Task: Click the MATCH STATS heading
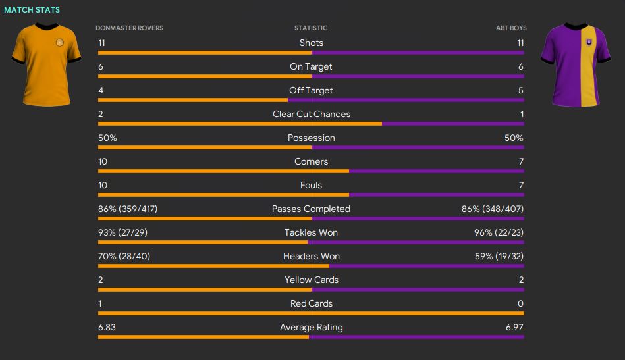point(32,10)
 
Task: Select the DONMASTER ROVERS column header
point(129,28)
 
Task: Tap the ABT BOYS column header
point(511,28)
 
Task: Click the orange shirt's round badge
point(60,43)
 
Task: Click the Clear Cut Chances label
point(312,114)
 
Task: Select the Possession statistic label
point(312,138)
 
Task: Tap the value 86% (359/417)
point(128,209)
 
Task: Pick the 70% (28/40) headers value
point(124,256)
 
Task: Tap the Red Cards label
point(312,303)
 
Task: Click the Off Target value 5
point(520,90)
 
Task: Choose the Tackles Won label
point(312,232)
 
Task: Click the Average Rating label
point(312,327)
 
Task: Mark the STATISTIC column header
point(311,28)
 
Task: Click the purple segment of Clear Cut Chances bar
point(453,124)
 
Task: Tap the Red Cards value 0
point(520,303)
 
